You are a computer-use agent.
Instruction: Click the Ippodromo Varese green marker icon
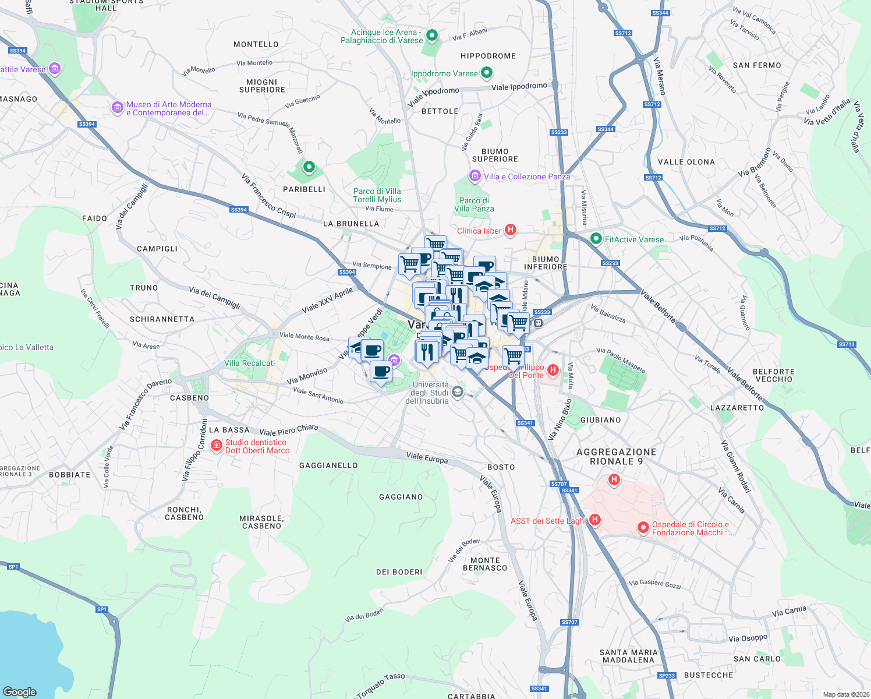[487, 73]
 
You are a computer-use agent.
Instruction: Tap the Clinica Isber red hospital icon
[511, 230]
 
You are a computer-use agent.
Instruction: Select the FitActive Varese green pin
[596, 239]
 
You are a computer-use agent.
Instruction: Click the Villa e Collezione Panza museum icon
[475, 176]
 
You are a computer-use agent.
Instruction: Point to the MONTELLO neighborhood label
[256, 44]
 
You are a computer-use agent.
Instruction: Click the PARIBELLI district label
[304, 189]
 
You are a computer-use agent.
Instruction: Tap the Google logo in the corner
[20, 691]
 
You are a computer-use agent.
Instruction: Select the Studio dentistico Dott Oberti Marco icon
[217, 446]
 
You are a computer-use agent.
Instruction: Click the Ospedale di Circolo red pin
[643, 528]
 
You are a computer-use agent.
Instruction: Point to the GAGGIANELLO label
[328, 465]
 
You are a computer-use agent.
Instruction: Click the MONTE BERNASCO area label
[485, 564]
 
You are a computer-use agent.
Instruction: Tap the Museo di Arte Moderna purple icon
[118, 108]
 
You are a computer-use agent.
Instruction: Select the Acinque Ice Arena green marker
[432, 36]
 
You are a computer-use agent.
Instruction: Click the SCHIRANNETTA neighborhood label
[162, 319]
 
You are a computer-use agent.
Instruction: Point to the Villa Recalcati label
[249, 363]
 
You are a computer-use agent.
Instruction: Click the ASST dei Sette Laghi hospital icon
[594, 520]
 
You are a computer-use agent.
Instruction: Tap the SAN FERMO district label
[757, 65]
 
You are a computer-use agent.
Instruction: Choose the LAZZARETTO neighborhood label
[737, 408]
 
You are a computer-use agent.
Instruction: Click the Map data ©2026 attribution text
[844, 694]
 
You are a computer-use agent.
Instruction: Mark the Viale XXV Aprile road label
[327, 300]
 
